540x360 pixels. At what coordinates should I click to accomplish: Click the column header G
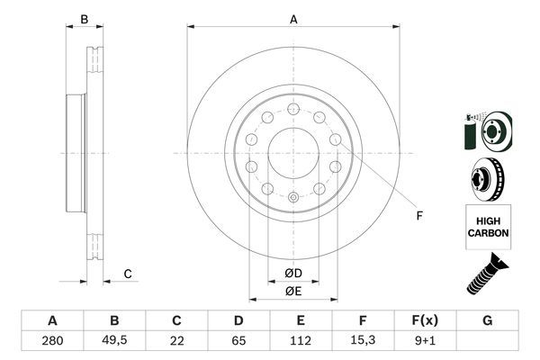[x=487, y=320]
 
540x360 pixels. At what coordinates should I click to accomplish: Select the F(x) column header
[x=426, y=320]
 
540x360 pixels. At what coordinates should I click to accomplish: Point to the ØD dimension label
[x=293, y=274]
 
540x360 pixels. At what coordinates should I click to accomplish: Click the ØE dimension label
[x=293, y=291]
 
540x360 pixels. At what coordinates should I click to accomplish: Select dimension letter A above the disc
[x=293, y=19]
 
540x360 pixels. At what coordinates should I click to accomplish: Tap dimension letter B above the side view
[x=84, y=19]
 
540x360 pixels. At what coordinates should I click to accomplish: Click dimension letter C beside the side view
[x=128, y=274]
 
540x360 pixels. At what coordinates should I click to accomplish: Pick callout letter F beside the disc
[x=418, y=215]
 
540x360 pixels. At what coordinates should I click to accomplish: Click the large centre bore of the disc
[x=293, y=152]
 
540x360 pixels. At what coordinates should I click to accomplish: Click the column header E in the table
[x=301, y=320]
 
